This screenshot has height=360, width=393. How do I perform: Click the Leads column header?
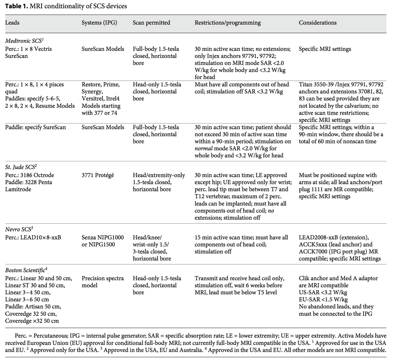(12, 22)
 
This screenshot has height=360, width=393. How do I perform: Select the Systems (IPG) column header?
(99, 22)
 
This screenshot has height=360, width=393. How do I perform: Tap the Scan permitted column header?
(151, 22)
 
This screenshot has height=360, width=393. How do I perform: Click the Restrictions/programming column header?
(228, 22)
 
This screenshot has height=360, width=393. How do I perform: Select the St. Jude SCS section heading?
(21, 167)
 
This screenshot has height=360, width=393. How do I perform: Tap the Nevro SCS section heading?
(19, 229)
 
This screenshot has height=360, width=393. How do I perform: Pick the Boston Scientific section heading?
(26, 270)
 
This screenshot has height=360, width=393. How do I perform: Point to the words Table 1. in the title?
(16, 6)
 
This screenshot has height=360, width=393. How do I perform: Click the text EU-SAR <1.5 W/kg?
(323, 300)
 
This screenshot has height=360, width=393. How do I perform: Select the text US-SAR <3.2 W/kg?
(323, 292)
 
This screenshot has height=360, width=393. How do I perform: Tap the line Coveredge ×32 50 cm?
(32, 321)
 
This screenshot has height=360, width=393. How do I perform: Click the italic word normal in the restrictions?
(204, 149)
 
